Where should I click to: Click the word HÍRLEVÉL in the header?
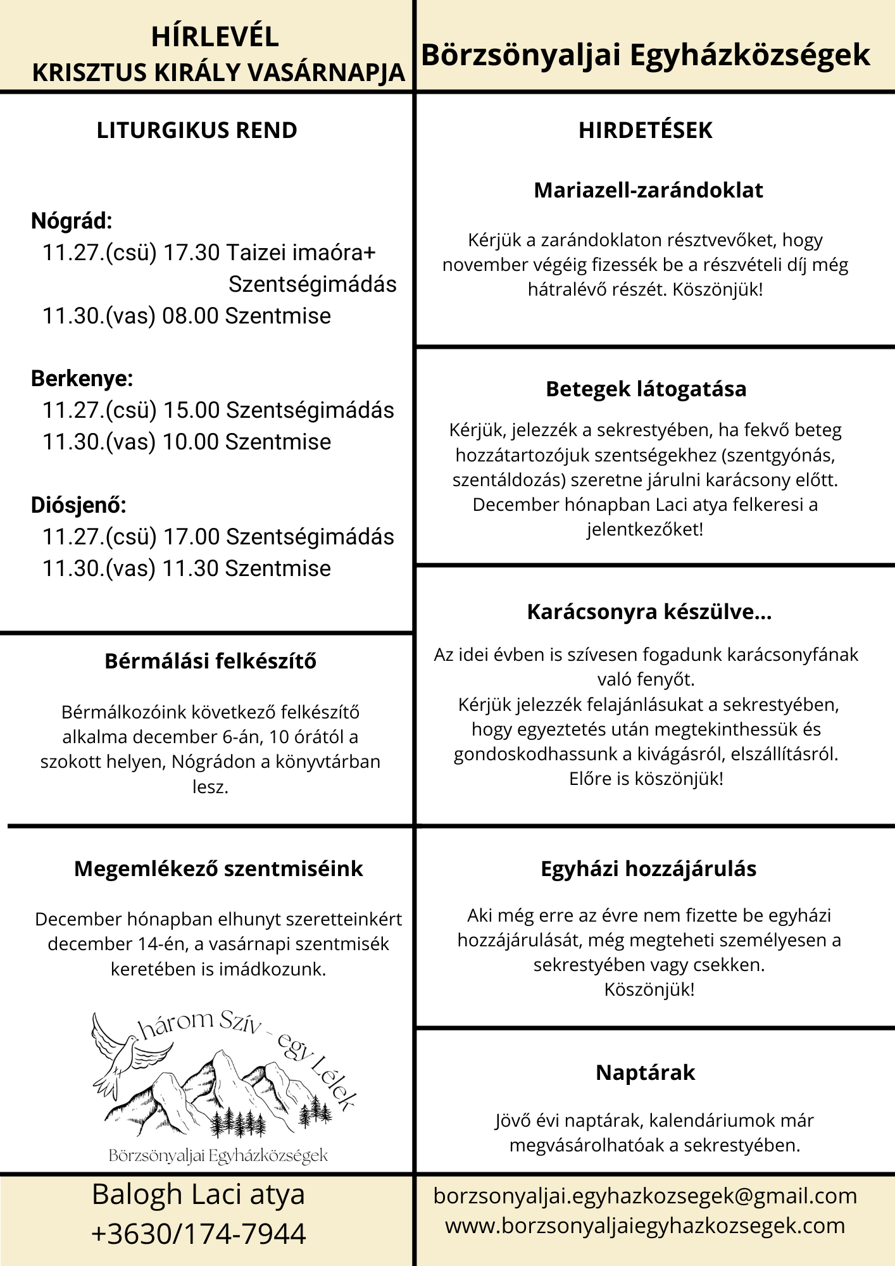[x=215, y=37]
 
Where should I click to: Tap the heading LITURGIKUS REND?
[x=197, y=130]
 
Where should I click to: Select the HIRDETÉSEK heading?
[x=645, y=130]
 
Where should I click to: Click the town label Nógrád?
[x=72, y=221]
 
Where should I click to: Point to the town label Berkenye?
[x=82, y=379]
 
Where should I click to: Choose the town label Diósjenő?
[x=78, y=505]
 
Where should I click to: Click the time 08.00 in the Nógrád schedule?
[x=191, y=316]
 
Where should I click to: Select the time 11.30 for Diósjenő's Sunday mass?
[x=191, y=568]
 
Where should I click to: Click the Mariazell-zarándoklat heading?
[x=648, y=190]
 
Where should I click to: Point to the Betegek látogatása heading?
[x=646, y=389]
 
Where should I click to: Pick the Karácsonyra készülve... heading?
[x=649, y=611]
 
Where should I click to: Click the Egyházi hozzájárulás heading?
[x=648, y=868]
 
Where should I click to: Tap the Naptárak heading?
[x=645, y=1072]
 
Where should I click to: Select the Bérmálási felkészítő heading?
[x=211, y=661]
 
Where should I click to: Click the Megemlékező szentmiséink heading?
[x=218, y=868]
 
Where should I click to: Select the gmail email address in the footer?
[x=645, y=1196]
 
